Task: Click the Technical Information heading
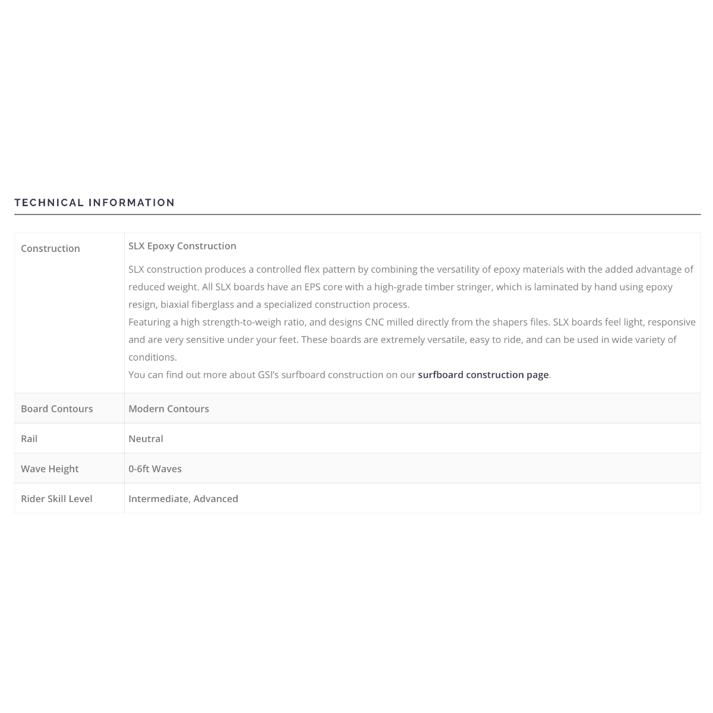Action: [94, 203]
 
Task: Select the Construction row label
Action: [51, 248]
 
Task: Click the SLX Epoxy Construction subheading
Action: [182, 246]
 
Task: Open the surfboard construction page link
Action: [483, 375]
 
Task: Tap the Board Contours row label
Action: [57, 409]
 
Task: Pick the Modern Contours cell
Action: [169, 409]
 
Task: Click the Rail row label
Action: [29, 438]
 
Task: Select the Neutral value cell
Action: [146, 438]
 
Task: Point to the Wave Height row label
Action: [50, 469]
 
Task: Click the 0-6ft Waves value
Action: [155, 469]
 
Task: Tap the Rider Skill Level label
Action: [56, 499]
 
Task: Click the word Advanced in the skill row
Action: [216, 499]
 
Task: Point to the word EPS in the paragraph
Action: [313, 287]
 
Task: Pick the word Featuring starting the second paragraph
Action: [149, 322]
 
